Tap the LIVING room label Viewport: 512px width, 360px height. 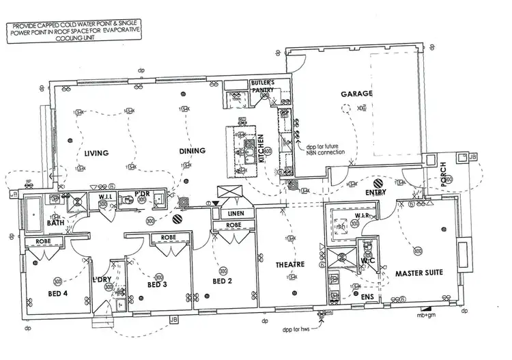coord(96,153)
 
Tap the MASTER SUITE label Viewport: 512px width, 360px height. coord(419,273)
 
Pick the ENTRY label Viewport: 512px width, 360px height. coord(375,193)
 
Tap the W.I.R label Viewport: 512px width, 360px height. coord(362,216)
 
